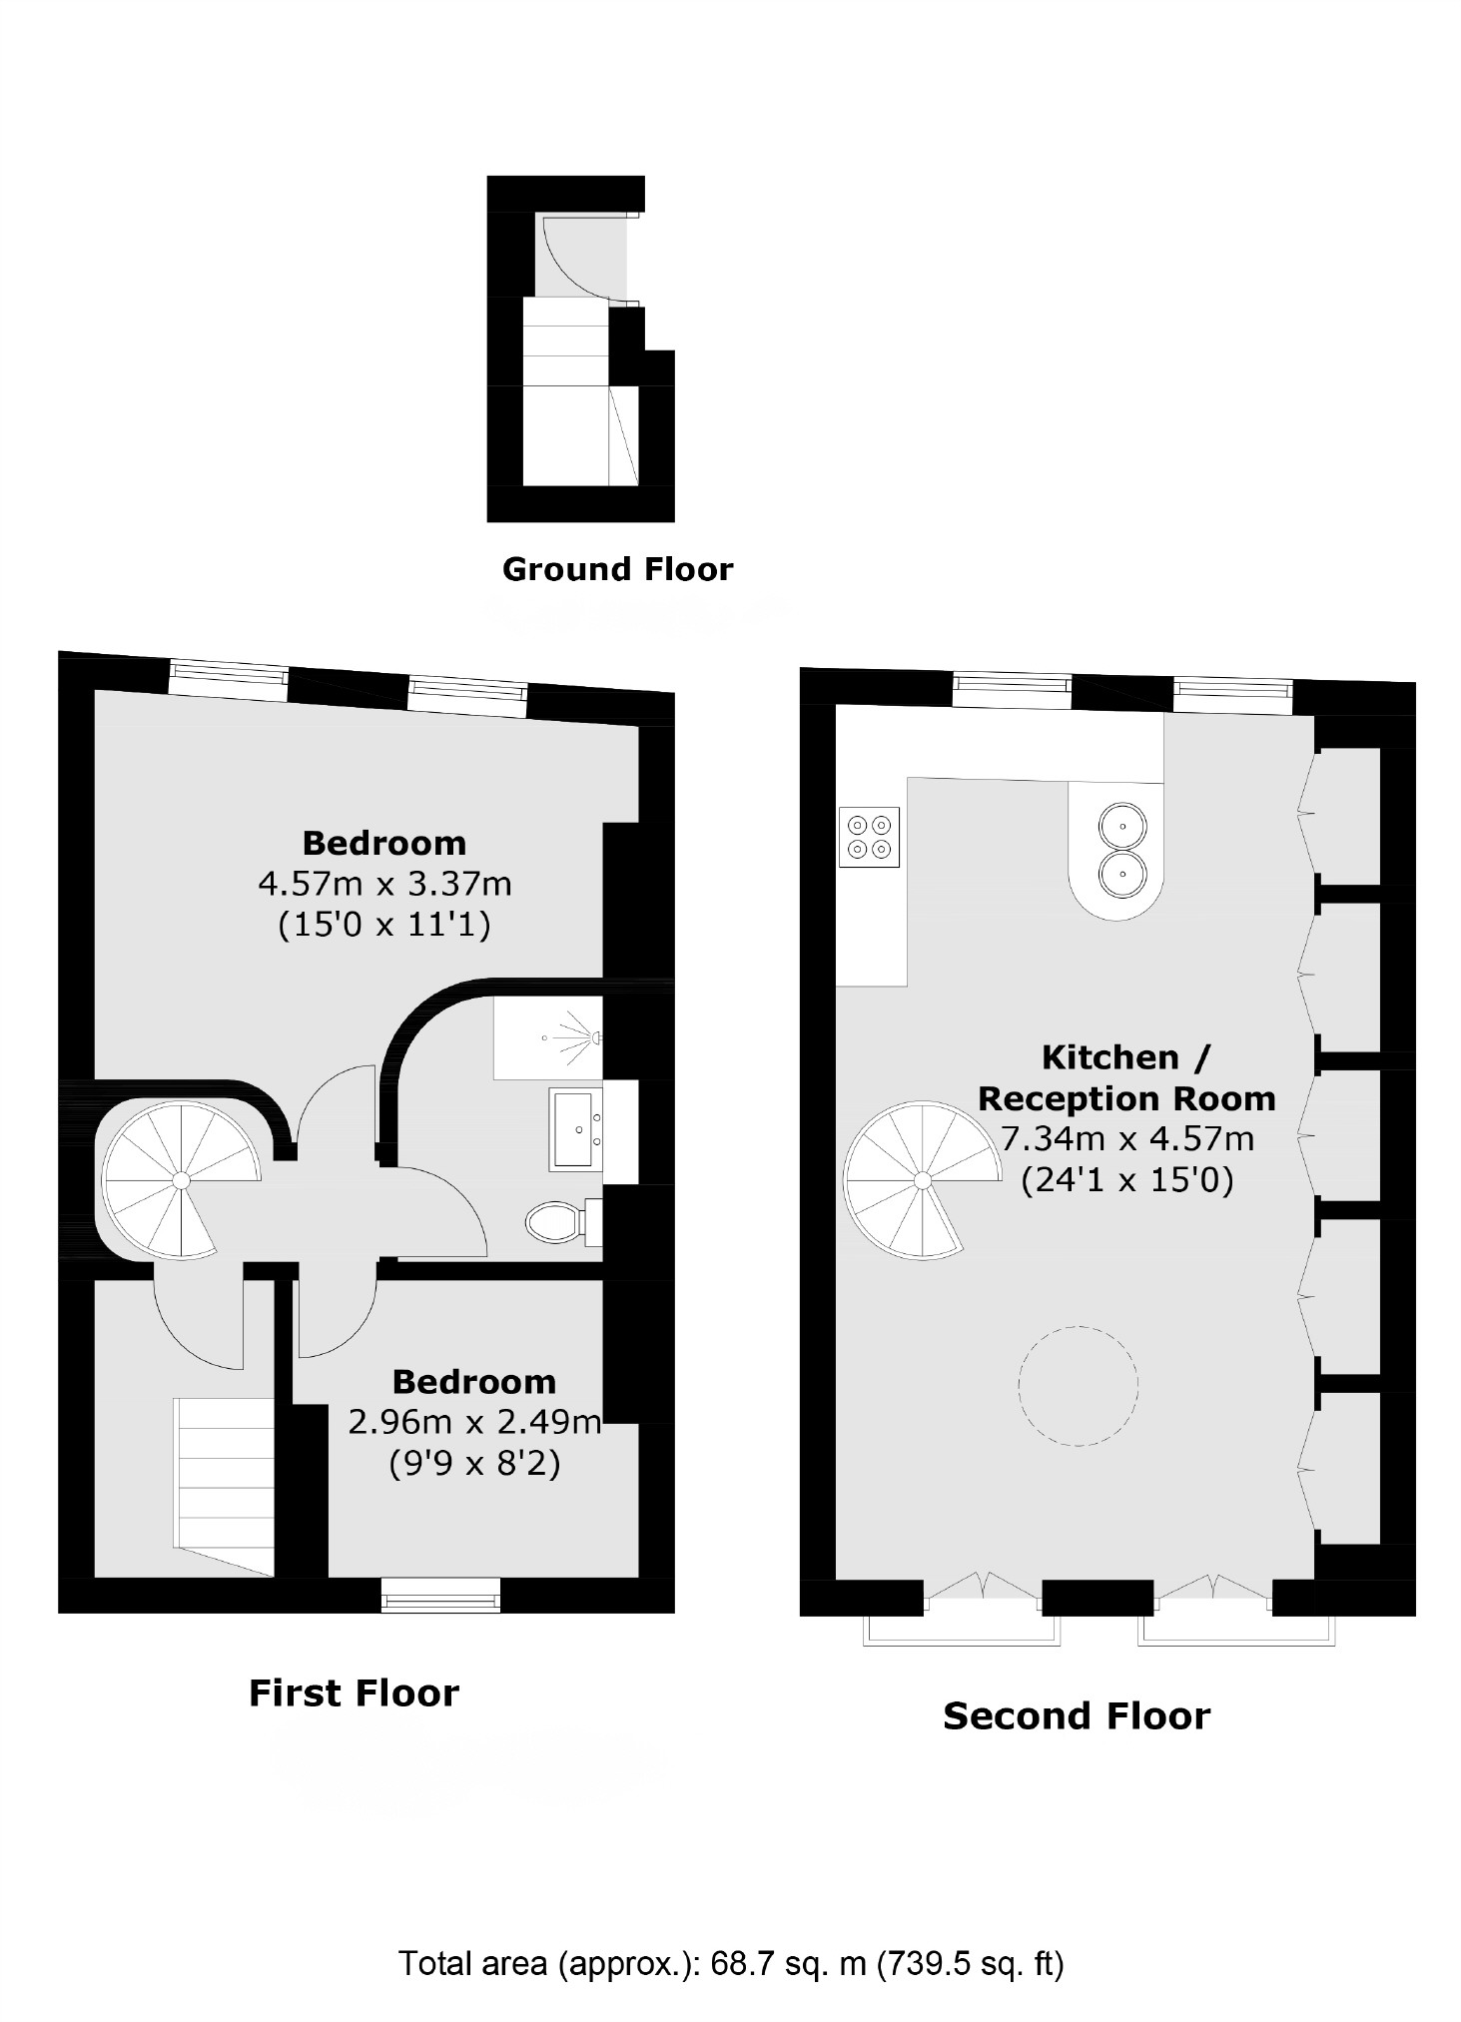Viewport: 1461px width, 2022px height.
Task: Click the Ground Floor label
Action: pyautogui.click(x=616, y=569)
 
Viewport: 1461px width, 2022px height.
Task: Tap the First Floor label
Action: pyautogui.click(x=354, y=1692)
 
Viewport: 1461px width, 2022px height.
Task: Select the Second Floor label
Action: pyautogui.click(x=1076, y=1715)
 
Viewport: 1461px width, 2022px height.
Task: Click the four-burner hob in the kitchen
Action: pyautogui.click(x=868, y=837)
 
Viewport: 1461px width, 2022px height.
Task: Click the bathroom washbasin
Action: pyautogui.click(x=575, y=1129)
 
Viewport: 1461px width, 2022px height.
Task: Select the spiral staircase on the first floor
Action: pyautogui.click(x=180, y=1180)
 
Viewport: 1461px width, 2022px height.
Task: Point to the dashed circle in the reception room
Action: pyautogui.click(x=1078, y=1385)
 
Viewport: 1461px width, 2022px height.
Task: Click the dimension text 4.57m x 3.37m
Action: pyautogui.click(x=384, y=884)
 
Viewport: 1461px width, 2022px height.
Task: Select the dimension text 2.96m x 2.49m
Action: pyautogui.click(x=474, y=1421)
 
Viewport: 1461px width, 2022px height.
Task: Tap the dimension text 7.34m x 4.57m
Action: pyautogui.click(x=1126, y=1138)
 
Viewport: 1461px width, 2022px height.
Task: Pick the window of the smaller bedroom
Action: pyautogui.click(x=440, y=1595)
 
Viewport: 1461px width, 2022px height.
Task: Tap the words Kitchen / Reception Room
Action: pyautogui.click(x=1126, y=1077)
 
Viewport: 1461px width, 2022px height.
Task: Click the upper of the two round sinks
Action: pyautogui.click(x=1122, y=827)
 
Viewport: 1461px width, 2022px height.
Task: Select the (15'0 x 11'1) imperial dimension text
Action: pyautogui.click(x=384, y=926)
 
